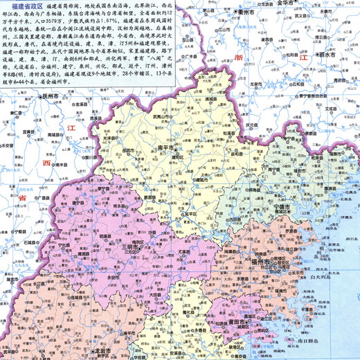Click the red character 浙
(x=240, y=60)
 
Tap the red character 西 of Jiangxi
(x=46, y=163)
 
